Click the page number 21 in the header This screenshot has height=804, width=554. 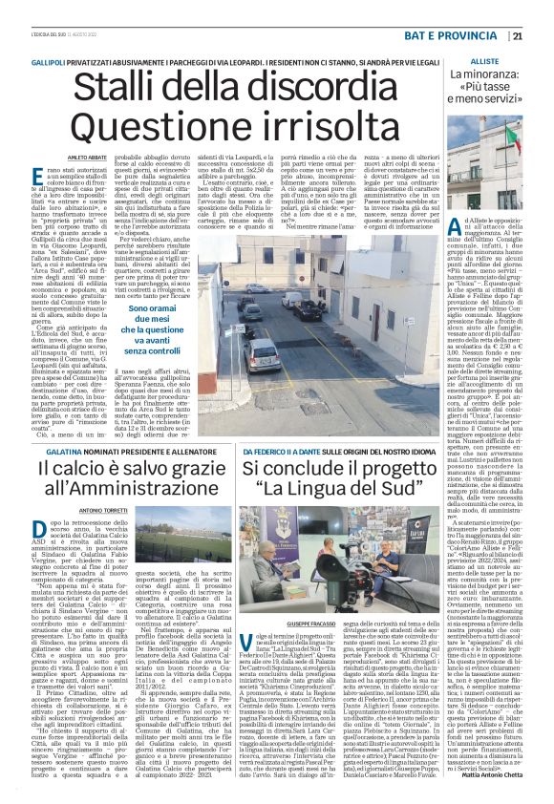[x=543, y=10]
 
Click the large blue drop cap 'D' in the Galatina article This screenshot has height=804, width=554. [x=38, y=531]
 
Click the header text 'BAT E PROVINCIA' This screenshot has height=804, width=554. [x=470, y=10]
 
